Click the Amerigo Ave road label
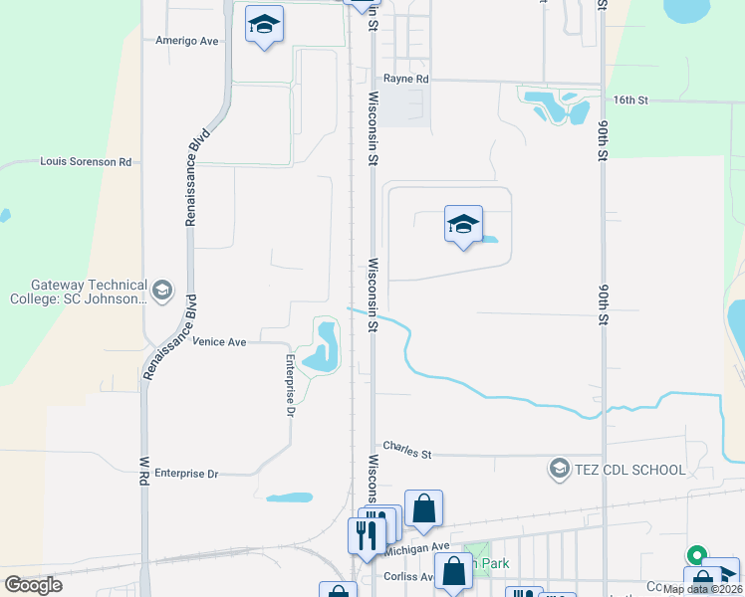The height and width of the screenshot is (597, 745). pyautogui.click(x=186, y=41)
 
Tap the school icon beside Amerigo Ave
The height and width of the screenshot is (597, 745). pyautogui.click(x=264, y=24)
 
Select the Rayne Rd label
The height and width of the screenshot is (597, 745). pyautogui.click(x=406, y=79)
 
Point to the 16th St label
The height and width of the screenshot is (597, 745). pyautogui.click(x=630, y=100)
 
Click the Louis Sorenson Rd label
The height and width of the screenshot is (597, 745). pyautogui.click(x=86, y=161)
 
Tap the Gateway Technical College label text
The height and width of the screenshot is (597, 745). pyautogui.click(x=79, y=292)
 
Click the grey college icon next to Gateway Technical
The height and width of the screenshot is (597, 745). pyautogui.click(x=163, y=292)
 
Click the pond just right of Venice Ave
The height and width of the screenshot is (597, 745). pyautogui.click(x=324, y=348)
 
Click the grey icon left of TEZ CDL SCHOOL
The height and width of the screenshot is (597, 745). pyautogui.click(x=559, y=469)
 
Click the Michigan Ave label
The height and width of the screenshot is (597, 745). pyautogui.click(x=417, y=548)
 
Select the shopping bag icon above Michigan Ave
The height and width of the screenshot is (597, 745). pyautogui.click(x=423, y=508)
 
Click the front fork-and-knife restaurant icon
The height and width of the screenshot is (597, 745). pyautogui.click(x=364, y=535)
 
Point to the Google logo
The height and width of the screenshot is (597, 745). pyautogui.click(x=33, y=585)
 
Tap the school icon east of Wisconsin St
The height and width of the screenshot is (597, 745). pyautogui.click(x=463, y=225)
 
